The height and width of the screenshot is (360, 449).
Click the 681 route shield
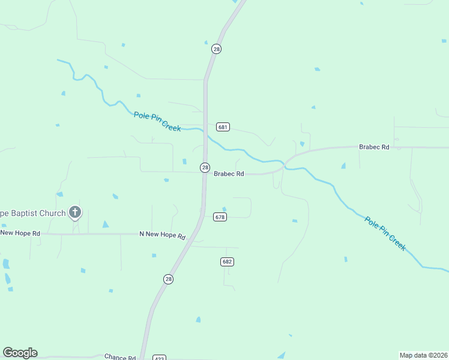(223, 127)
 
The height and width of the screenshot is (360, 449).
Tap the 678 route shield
(220, 217)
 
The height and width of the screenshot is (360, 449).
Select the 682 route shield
(227, 262)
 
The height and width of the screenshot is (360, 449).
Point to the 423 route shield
(159, 358)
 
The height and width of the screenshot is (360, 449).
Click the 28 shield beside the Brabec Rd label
(205, 167)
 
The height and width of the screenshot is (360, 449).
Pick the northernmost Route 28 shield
(217, 49)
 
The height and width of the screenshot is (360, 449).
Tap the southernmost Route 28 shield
(169, 279)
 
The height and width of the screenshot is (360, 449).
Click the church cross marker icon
(75, 211)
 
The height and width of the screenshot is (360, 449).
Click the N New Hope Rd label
(162, 235)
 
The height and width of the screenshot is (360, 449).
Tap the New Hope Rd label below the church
(20, 233)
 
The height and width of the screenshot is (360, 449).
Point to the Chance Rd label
(119, 357)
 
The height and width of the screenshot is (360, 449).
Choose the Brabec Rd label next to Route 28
(229, 174)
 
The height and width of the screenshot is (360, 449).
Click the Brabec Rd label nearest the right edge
(374, 147)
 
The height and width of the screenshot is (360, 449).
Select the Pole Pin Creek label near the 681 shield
(157, 121)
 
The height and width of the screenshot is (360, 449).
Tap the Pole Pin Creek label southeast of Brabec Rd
(385, 233)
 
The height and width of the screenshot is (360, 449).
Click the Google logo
(20, 353)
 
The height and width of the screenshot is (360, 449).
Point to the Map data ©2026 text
(423, 355)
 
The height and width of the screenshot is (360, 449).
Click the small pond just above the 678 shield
(224, 209)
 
